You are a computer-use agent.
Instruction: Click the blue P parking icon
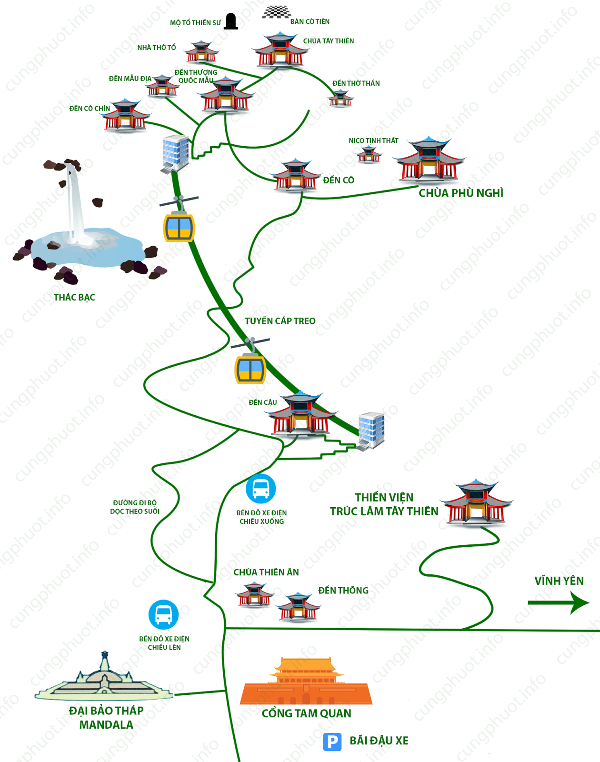pos(332,742)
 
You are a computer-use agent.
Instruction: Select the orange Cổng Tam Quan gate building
pos(306,682)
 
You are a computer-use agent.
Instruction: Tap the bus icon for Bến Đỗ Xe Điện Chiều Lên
pos(163,614)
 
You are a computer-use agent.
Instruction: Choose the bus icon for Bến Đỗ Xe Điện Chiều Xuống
pos(260,489)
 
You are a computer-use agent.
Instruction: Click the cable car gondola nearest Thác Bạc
pos(179,227)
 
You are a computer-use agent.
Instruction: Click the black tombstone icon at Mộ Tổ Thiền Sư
pos(231,21)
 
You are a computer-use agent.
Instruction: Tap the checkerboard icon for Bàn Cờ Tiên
pos(276,12)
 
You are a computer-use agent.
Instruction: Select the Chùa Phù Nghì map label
pos(460,193)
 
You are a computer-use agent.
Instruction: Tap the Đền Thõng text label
pos(343,591)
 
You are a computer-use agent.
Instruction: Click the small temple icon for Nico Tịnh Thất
pos(369,154)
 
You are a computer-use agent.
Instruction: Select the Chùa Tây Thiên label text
pos(329,41)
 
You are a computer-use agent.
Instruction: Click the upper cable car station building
pos(176,152)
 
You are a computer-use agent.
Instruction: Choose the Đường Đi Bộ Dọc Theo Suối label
pos(135,507)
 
